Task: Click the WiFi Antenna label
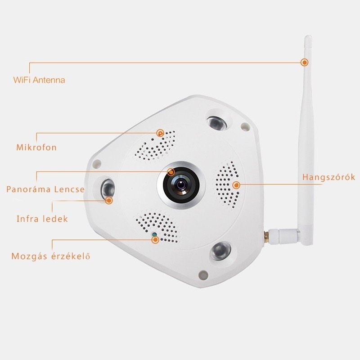tap(39, 80)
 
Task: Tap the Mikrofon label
tap(36, 147)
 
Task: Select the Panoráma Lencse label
tap(45, 189)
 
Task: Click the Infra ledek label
tap(42, 219)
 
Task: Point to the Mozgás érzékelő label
tap(51, 256)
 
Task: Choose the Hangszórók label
tap(328, 177)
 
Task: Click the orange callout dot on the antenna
tap(305, 62)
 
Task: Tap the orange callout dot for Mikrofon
tap(160, 133)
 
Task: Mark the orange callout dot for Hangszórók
tap(236, 185)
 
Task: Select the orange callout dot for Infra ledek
tap(109, 200)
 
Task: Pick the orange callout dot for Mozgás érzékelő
tap(155, 240)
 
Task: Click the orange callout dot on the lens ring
tap(171, 172)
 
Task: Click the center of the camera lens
tap(181, 184)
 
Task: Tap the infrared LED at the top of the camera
tap(216, 122)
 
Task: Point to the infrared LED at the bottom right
tap(220, 251)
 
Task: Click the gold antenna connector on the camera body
tap(266, 236)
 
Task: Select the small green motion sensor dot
tap(154, 234)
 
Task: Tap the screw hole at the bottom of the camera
tap(203, 274)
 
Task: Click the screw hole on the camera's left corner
tap(97, 163)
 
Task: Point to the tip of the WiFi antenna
tap(308, 36)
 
